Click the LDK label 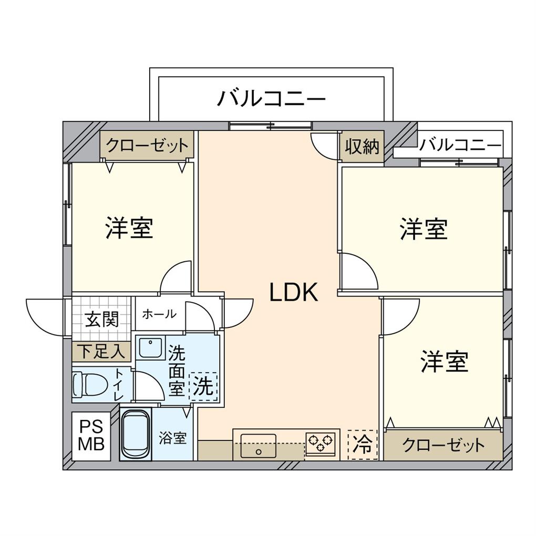pos(294,293)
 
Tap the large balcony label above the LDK pos(271,98)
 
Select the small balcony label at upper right pos(461,145)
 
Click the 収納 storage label pos(362,147)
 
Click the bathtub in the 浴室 pos(136,434)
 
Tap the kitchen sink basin pos(258,445)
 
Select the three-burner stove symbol pos(320,443)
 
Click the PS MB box pos(91,436)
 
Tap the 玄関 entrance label pos(102,319)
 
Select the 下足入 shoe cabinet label pos(101,351)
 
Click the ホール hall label pos(159,314)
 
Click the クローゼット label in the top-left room pos(147,145)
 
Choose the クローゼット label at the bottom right pos(443,446)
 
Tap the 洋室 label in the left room pos(129,228)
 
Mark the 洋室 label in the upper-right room pos(424,230)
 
